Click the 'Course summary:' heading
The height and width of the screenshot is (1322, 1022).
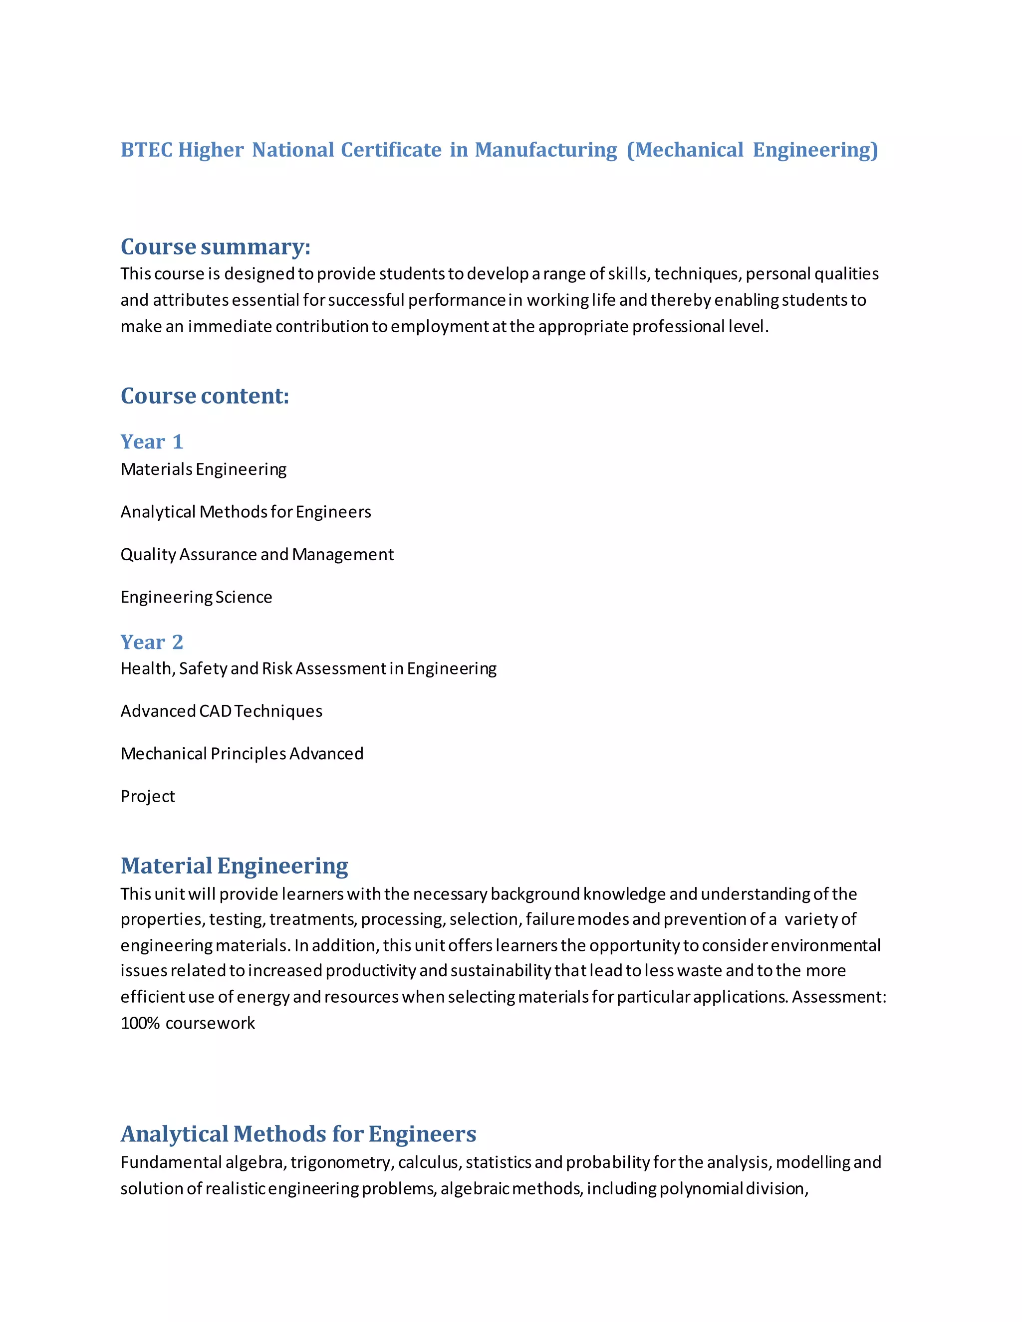point(215,246)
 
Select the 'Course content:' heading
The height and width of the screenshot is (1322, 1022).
point(205,396)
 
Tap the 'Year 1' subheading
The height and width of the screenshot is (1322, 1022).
point(151,441)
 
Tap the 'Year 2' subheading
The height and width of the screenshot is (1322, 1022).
point(151,642)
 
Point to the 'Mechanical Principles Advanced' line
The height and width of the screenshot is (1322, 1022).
point(242,754)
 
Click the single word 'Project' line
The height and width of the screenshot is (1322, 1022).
point(147,796)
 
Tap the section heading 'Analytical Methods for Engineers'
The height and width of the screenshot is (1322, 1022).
point(298,1134)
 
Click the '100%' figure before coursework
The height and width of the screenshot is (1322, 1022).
point(140,1023)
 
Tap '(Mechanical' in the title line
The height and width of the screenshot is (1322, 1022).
point(685,150)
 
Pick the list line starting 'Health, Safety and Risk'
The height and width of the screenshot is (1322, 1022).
point(308,668)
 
